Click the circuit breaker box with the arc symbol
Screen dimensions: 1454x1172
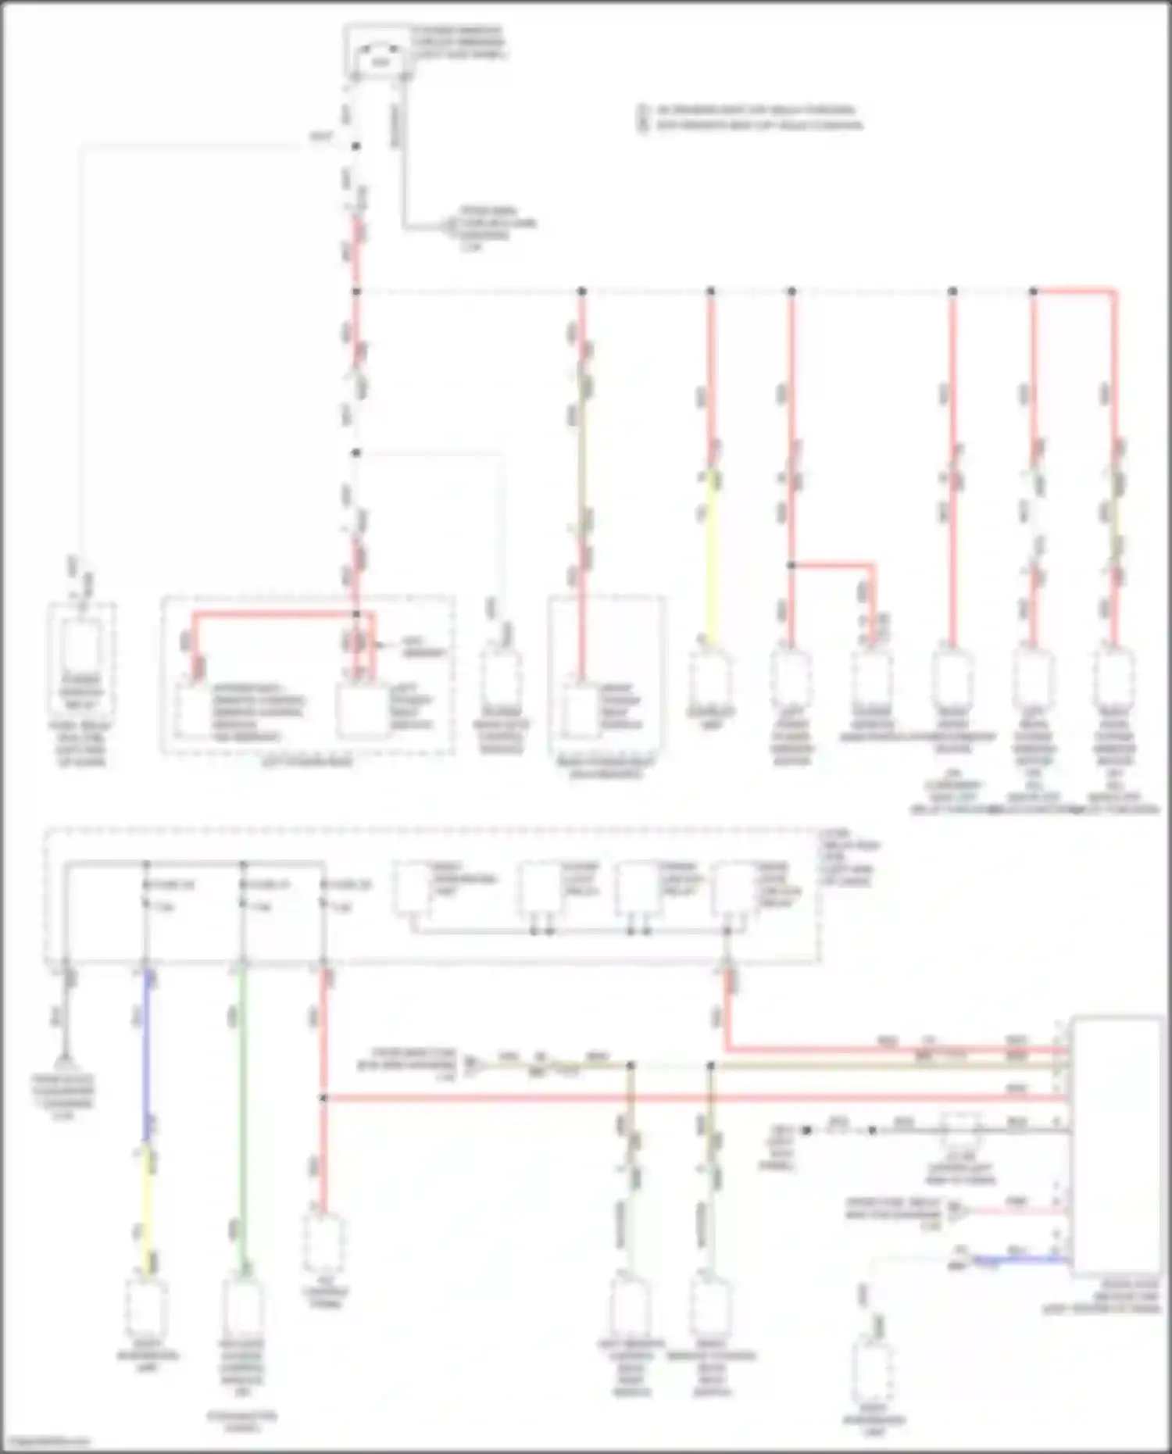point(380,53)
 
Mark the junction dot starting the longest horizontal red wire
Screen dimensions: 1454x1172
point(323,1099)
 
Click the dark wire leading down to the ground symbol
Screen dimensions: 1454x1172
point(67,1016)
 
